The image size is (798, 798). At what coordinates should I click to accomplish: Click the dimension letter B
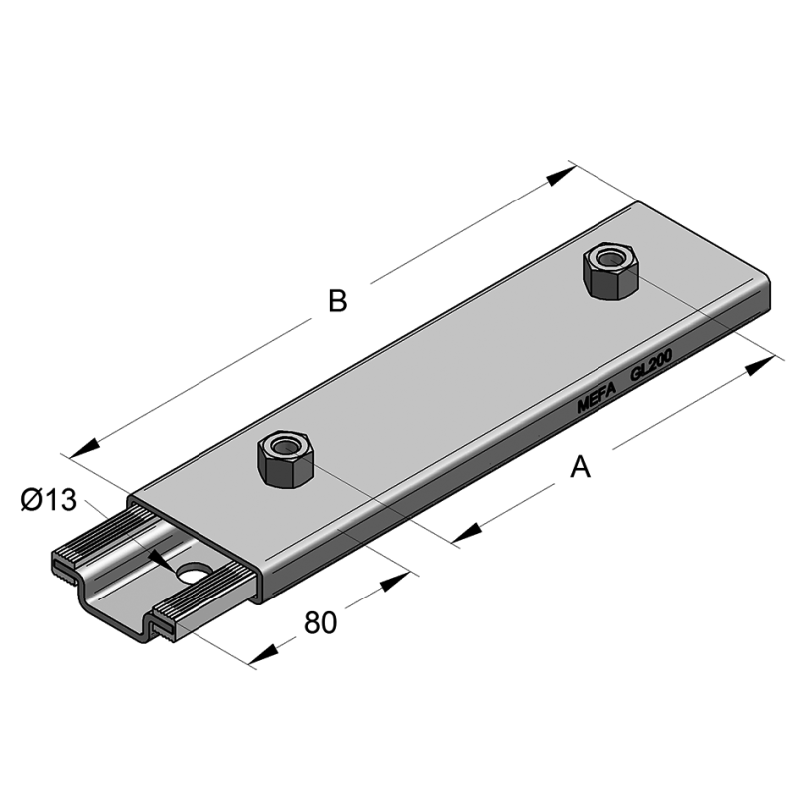coord(338,300)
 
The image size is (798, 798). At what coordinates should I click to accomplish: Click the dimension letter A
coord(580,465)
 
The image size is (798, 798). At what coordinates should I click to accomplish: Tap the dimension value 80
coord(319,622)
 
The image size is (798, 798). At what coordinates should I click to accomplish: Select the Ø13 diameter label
coord(48,499)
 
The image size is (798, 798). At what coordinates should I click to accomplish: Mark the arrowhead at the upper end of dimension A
coord(758,366)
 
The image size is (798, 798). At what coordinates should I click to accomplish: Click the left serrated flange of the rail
coord(90,544)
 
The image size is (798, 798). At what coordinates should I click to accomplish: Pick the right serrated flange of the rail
coord(199,604)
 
